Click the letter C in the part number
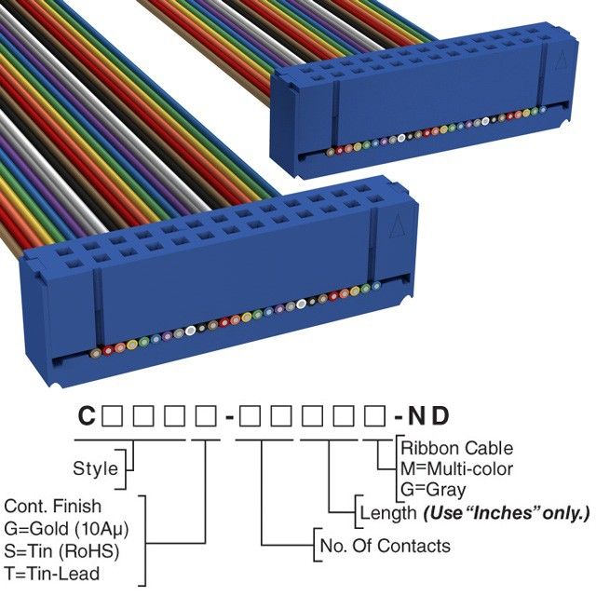(86, 414)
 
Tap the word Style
(95, 467)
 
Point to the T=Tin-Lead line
(51, 573)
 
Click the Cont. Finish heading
(53, 506)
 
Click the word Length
(387, 512)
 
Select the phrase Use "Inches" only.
(508, 512)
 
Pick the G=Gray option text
(433, 489)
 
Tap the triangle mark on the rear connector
(561, 64)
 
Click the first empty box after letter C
(110, 414)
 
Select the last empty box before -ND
(372, 414)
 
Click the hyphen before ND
(398, 415)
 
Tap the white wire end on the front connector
(191, 329)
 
